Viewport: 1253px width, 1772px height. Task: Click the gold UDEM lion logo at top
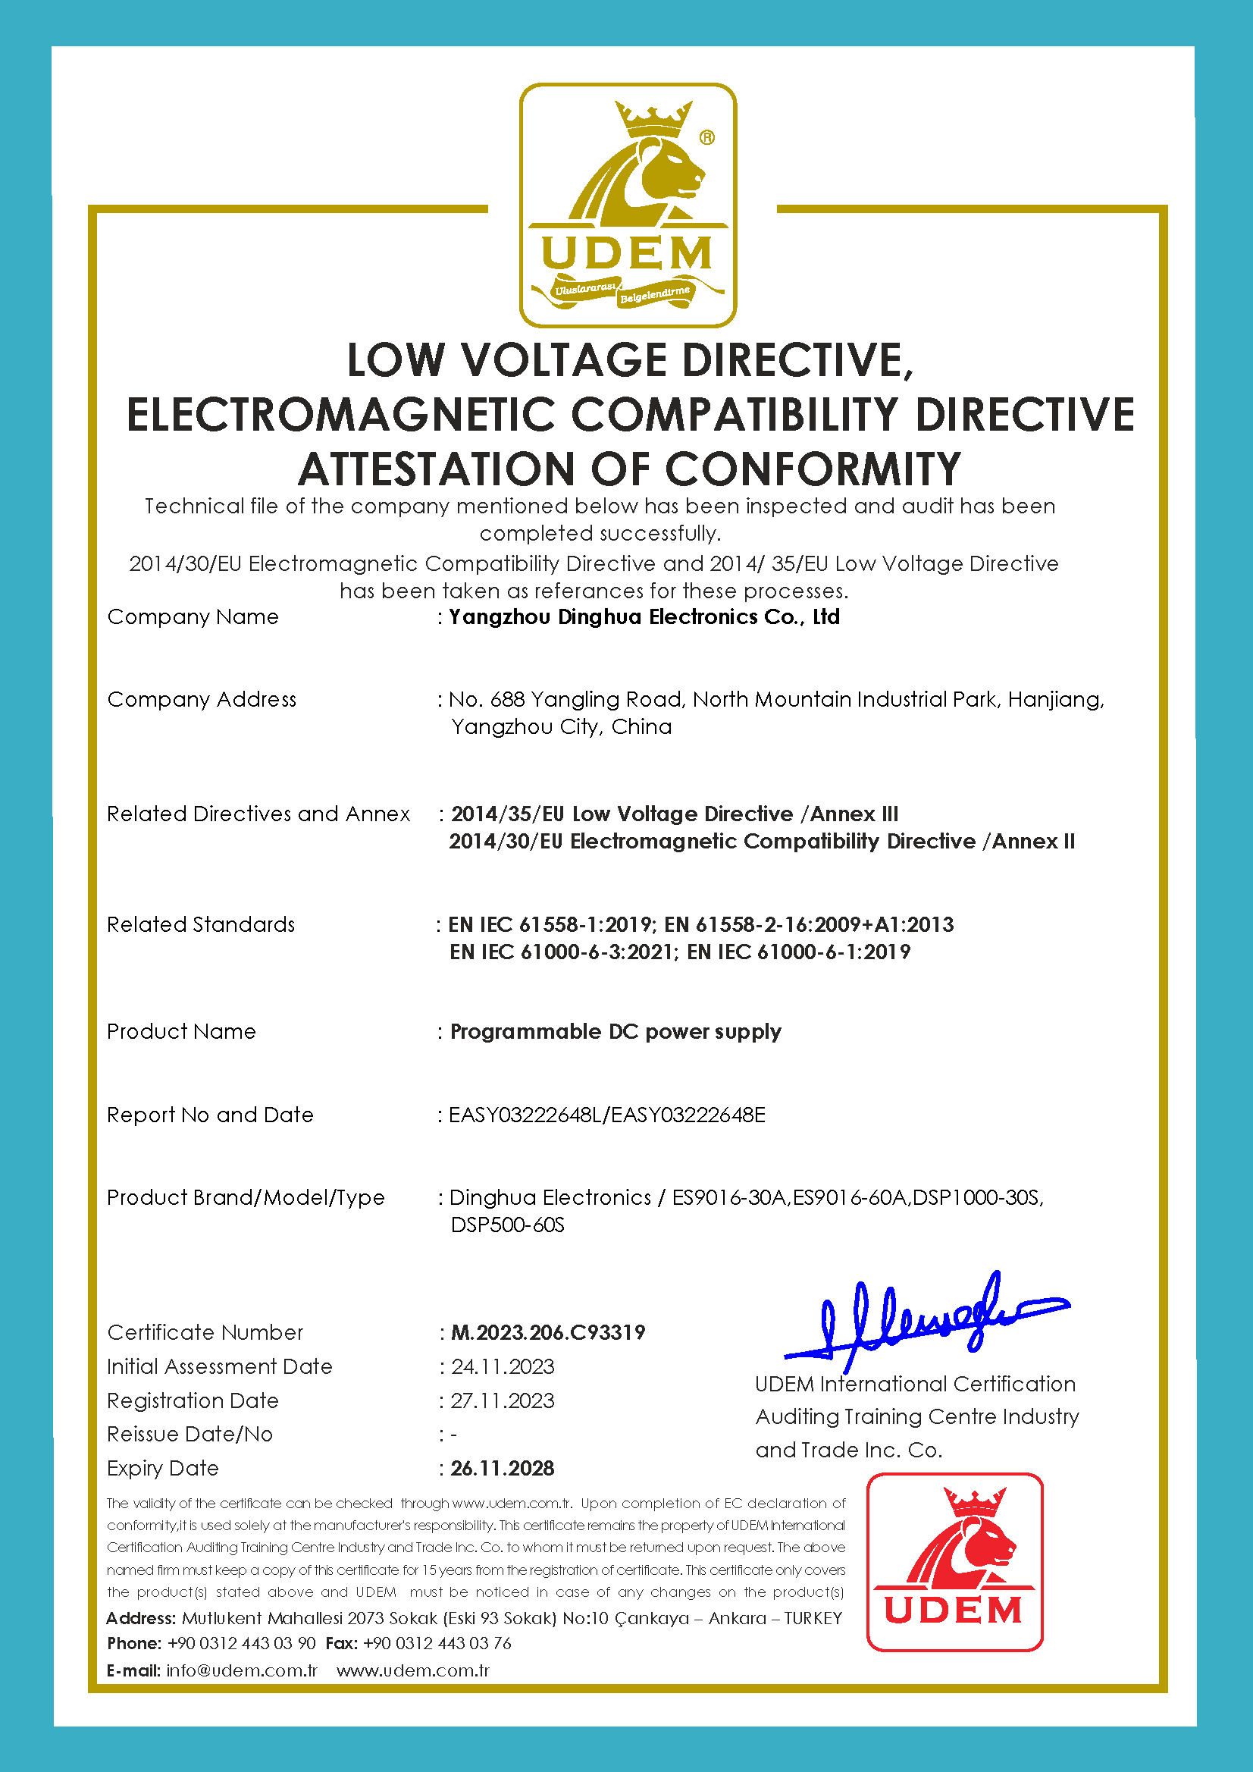pyautogui.click(x=628, y=205)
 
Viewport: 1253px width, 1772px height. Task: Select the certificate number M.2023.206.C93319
pyautogui.click(x=548, y=1332)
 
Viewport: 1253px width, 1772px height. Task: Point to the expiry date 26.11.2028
pyautogui.click(x=503, y=1468)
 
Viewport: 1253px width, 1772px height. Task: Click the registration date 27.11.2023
pyautogui.click(x=503, y=1400)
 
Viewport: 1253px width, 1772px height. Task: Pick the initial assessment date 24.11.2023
pyautogui.click(x=503, y=1366)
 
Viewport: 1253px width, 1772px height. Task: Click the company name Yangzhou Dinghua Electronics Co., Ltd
pyautogui.click(x=644, y=616)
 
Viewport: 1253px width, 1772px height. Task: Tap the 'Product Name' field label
pyautogui.click(x=181, y=1031)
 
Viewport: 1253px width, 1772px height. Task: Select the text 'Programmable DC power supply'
pyautogui.click(x=616, y=1031)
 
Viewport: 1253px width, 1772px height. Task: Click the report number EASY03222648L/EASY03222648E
pyautogui.click(x=607, y=1115)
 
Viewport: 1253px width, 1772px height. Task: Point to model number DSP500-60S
pyautogui.click(x=508, y=1225)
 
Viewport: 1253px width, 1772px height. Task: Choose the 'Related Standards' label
pyautogui.click(x=201, y=924)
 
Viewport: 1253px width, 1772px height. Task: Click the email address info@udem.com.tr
pyautogui.click(x=242, y=1670)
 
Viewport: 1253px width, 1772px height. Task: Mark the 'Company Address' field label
pyautogui.click(x=202, y=699)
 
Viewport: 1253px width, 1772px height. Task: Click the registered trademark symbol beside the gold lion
pyautogui.click(x=706, y=137)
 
